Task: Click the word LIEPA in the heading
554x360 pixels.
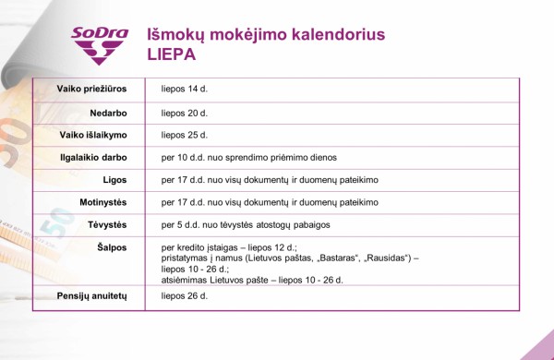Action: pos(172,54)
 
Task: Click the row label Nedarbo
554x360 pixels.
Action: pos(107,113)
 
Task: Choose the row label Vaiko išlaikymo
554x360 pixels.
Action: pos(93,135)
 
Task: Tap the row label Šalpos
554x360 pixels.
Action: pos(111,247)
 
